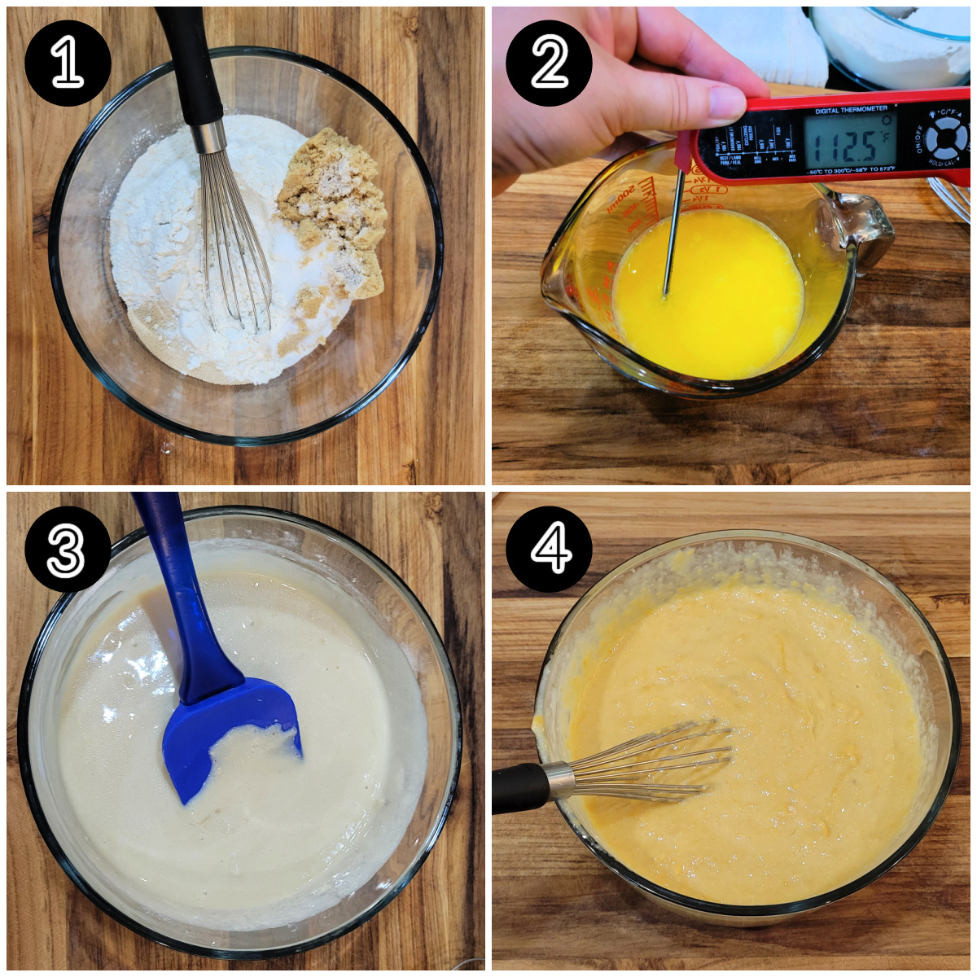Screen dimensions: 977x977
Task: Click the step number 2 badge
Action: pyautogui.click(x=549, y=64)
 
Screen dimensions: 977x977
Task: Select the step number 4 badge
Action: pyautogui.click(x=549, y=549)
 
